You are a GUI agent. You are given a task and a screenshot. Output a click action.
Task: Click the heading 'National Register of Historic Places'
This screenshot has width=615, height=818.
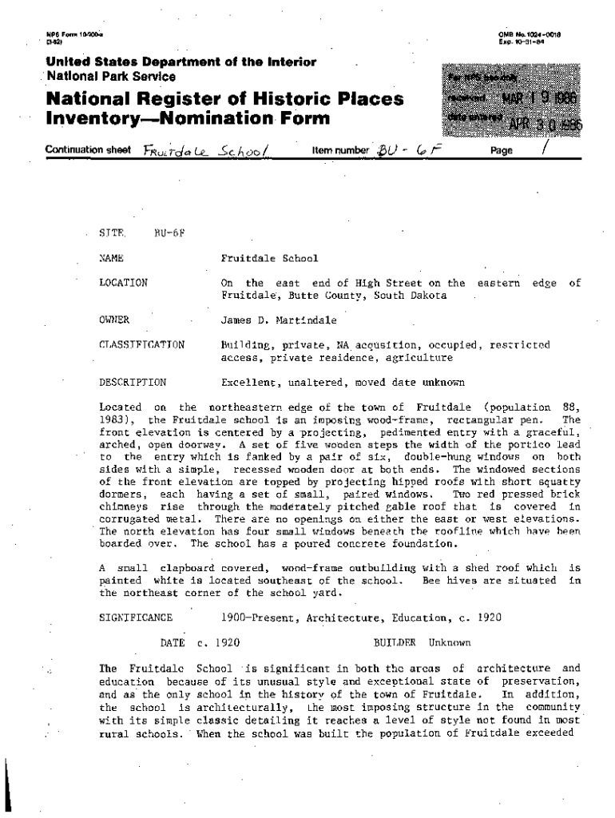click(224, 101)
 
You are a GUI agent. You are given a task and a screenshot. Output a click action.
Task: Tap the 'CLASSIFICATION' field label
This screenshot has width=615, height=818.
click(141, 345)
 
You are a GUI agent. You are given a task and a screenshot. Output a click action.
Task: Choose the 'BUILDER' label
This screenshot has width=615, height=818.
click(395, 641)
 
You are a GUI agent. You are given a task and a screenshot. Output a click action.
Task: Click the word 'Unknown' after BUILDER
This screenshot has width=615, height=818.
click(450, 641)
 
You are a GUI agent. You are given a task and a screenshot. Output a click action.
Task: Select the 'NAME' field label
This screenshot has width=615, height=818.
click(110, 258)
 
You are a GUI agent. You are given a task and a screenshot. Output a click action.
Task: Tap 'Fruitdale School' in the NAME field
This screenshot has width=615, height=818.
click(269, 258)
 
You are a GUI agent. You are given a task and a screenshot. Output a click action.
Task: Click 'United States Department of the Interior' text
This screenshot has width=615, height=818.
click(181, 62)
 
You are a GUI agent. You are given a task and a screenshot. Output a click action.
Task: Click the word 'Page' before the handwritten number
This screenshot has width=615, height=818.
click(502, 150)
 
